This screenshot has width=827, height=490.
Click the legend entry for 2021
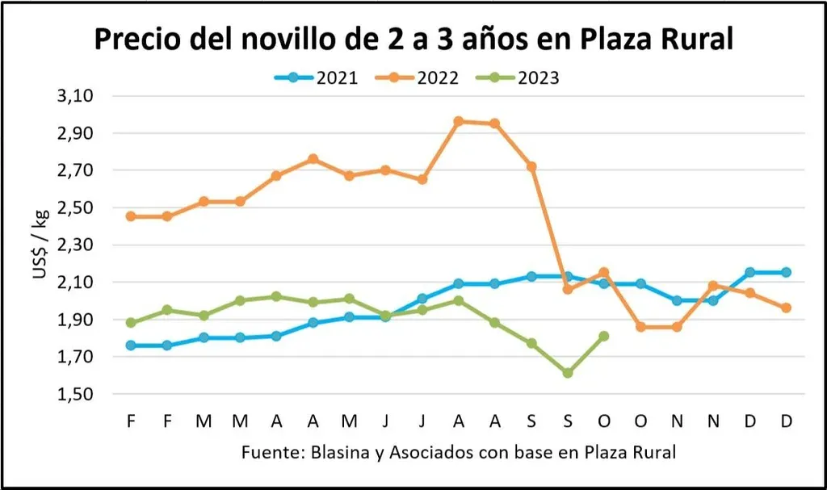[316, 77]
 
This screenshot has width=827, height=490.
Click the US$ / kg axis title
[40, 244]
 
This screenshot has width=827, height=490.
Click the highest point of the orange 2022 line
[459, 121]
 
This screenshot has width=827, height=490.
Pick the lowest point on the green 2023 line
[568, 373]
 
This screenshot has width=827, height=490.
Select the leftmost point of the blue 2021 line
[130, 346]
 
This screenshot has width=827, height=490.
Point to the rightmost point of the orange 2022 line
[786, 308]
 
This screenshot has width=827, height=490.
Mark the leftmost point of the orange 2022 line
[130, 216]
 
